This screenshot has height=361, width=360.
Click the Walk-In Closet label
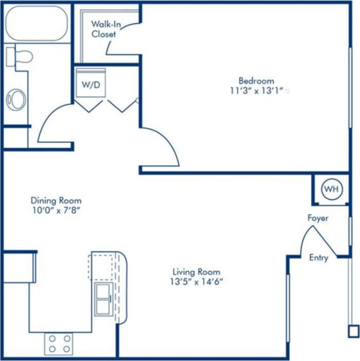pos(104,29)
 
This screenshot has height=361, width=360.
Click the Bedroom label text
pos(256,81)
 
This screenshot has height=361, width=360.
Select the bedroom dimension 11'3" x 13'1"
pos(256,91)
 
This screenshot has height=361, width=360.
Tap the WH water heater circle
pos(331,189)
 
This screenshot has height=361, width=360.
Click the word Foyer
pos(318,218)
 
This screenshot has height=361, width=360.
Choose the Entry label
pos(318,257)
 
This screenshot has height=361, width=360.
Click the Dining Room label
pos(56,200)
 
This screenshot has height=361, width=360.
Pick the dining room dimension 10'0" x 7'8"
pos(56,210)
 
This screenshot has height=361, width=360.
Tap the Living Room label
pos(196,271)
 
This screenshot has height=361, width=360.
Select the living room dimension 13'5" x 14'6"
pos(196,281)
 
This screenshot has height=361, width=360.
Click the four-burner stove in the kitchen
pos(58,343)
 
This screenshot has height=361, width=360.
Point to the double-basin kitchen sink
pos(103,299)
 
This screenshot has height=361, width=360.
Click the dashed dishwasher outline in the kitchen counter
pos(101,265)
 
